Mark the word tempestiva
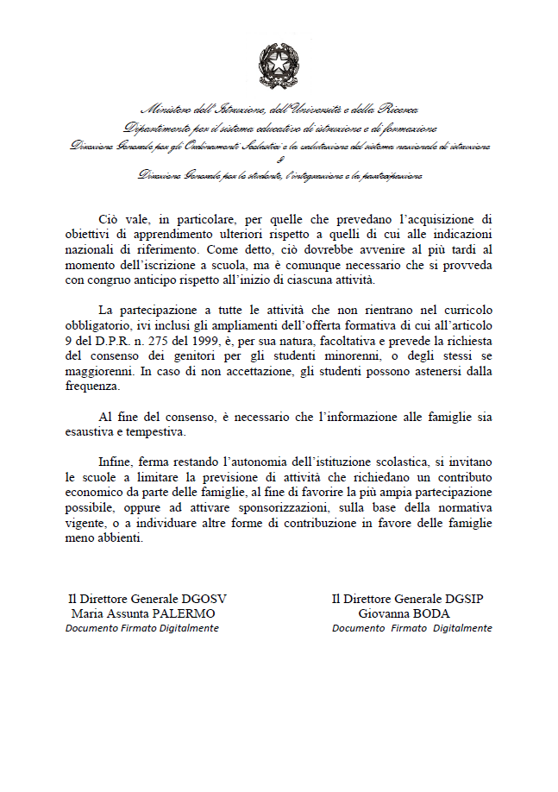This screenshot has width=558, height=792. tap(153, 433)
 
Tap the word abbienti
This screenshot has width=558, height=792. tap(124, 541)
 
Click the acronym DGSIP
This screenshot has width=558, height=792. tap(469, 598)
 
